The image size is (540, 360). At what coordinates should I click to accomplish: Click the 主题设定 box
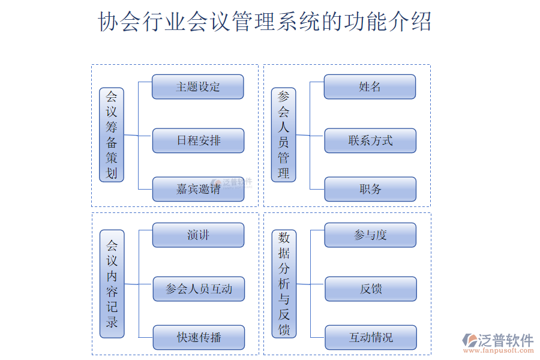(x=197, y=86)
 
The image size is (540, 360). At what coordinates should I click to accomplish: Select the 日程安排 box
(x=198, y=140)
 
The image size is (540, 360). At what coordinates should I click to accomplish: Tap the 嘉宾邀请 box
(x=198, y=189)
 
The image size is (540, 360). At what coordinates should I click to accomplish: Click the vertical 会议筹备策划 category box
(x=112, y=135)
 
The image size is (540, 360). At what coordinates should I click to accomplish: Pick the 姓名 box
(x=370, y=86)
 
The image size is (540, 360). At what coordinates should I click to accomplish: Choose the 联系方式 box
(x=370, y=140)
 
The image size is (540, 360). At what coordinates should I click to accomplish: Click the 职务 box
(x=370, y=189)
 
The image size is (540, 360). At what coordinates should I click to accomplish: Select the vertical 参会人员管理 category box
(x=284, y=135)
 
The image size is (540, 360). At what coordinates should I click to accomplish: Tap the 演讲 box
(x=198, y=235)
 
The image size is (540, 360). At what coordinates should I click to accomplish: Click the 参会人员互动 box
(x=199, y=289)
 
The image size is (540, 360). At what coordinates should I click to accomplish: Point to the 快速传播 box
(x=199, y=337)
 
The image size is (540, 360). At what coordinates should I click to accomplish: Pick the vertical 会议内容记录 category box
(x=112, y=284)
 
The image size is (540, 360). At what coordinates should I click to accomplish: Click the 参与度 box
(x=370, y=235)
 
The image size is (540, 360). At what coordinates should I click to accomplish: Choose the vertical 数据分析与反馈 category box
(x=284, y=284)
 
